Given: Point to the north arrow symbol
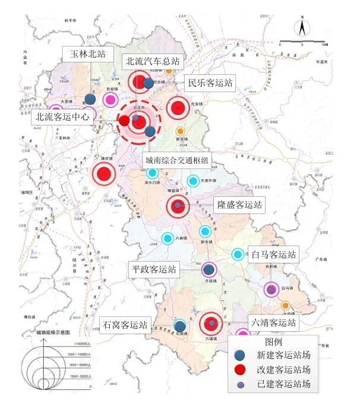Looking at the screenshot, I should pos(302,28).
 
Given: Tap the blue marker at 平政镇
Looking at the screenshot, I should pos(209,270).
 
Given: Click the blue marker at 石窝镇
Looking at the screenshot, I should pos(180,326).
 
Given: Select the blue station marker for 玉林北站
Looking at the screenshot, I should pos(90,99).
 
